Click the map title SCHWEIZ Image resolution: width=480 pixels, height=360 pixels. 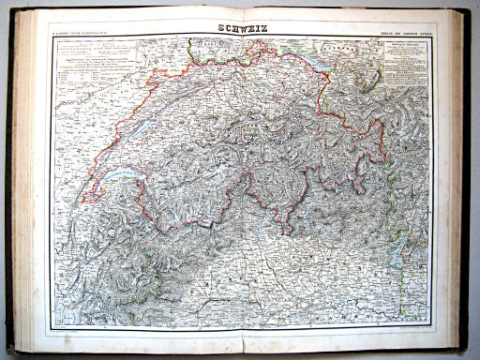pos(239,29)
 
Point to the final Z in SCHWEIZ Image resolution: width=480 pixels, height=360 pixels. pos(262,29)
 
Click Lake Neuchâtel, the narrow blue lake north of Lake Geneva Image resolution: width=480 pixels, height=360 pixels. pos(137,131)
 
